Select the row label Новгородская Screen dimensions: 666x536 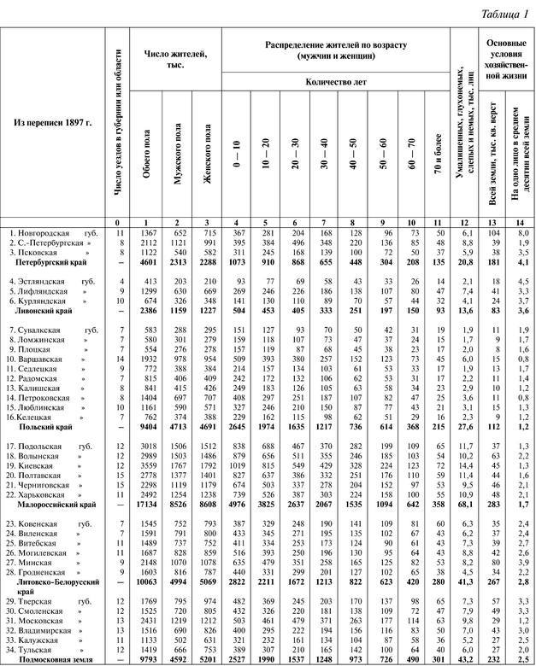click(x=44, y=232)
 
